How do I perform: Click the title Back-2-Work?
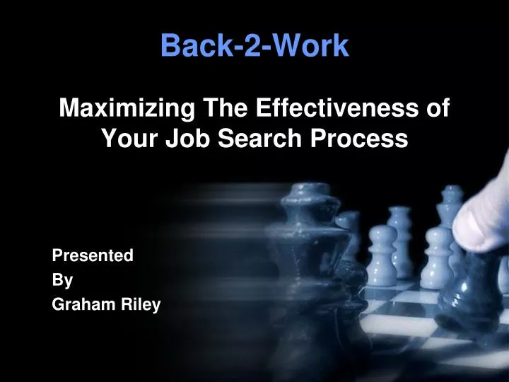(255, 46)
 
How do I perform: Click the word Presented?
(93, 256)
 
